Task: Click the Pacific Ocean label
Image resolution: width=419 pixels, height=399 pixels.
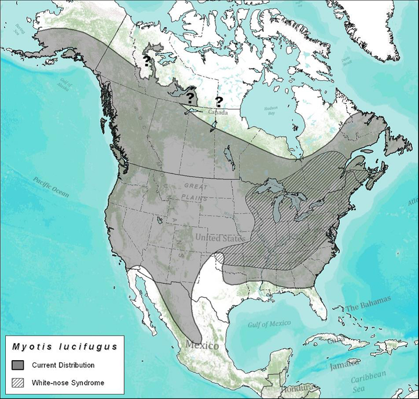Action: pos(50,187)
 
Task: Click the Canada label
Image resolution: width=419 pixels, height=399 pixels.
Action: pos(218,112)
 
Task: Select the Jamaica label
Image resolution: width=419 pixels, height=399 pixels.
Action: pos(344,363)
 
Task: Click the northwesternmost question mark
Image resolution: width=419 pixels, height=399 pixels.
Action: pos(147,59)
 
